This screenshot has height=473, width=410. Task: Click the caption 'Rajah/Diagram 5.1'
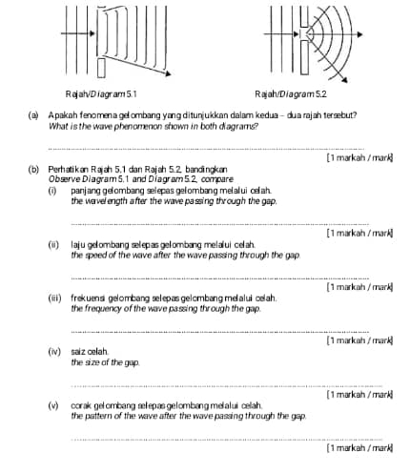[x=101, y=94]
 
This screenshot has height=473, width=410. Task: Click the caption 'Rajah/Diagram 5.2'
[x=291, y=94]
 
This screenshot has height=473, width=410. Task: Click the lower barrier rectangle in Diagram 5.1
[x=101, y=68]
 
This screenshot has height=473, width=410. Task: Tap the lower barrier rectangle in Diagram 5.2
[x=304, y=57]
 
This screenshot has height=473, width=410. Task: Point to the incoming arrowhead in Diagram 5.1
[x=92, y=33]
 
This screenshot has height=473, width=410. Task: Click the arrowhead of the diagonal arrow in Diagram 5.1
[x=168, y=74]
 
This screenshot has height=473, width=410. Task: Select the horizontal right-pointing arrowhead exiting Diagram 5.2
[x=359, y=34]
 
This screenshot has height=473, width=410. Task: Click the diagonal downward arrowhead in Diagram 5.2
[x=344, y=80]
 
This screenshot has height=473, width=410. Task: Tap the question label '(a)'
[x=33, y=115]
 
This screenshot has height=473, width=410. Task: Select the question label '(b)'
[x=33, y=169]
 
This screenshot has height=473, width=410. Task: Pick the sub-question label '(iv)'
[x=54, y=352]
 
